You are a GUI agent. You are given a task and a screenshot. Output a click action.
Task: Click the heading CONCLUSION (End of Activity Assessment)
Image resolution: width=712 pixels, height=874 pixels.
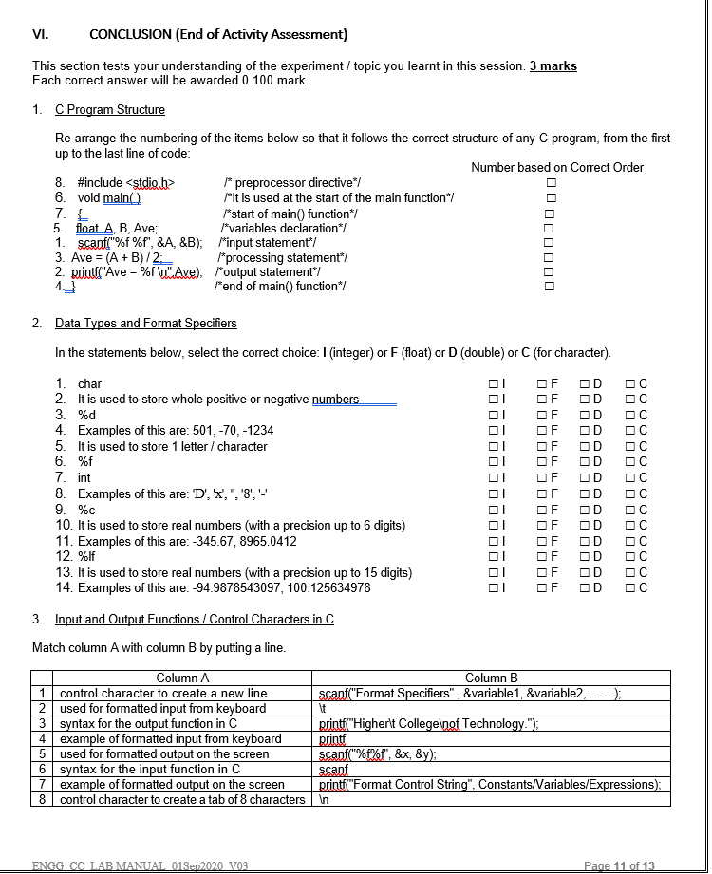pos(217,35)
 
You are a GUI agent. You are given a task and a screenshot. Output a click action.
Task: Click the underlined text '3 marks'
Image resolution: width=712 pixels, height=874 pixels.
pos(553,65)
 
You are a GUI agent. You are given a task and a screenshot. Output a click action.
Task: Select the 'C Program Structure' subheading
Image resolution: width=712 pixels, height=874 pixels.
pos(110,110)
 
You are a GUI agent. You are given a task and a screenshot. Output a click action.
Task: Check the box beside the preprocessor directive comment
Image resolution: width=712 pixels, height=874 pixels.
pos(548,182)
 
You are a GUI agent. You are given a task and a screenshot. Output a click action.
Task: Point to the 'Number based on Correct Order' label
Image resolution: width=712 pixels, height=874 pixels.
pos(557,167)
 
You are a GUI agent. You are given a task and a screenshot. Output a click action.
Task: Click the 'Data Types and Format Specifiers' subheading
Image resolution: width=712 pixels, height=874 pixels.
pos(145,324)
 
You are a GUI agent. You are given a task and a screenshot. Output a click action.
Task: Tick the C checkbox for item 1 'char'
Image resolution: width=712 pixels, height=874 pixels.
pos(630,383)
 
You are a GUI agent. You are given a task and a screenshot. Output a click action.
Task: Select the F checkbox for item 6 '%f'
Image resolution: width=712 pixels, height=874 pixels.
pos(539,462)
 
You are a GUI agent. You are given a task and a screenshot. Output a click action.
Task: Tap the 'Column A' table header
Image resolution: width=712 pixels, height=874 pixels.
pos(183,678)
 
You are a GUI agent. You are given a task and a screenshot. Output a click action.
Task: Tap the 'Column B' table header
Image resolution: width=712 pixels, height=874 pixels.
pos(491,678)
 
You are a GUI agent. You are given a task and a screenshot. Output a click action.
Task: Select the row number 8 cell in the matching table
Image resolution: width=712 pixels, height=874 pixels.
pos(43,799)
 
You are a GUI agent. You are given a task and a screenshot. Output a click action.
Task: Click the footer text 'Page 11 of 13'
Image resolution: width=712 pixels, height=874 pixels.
pos(619,865)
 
